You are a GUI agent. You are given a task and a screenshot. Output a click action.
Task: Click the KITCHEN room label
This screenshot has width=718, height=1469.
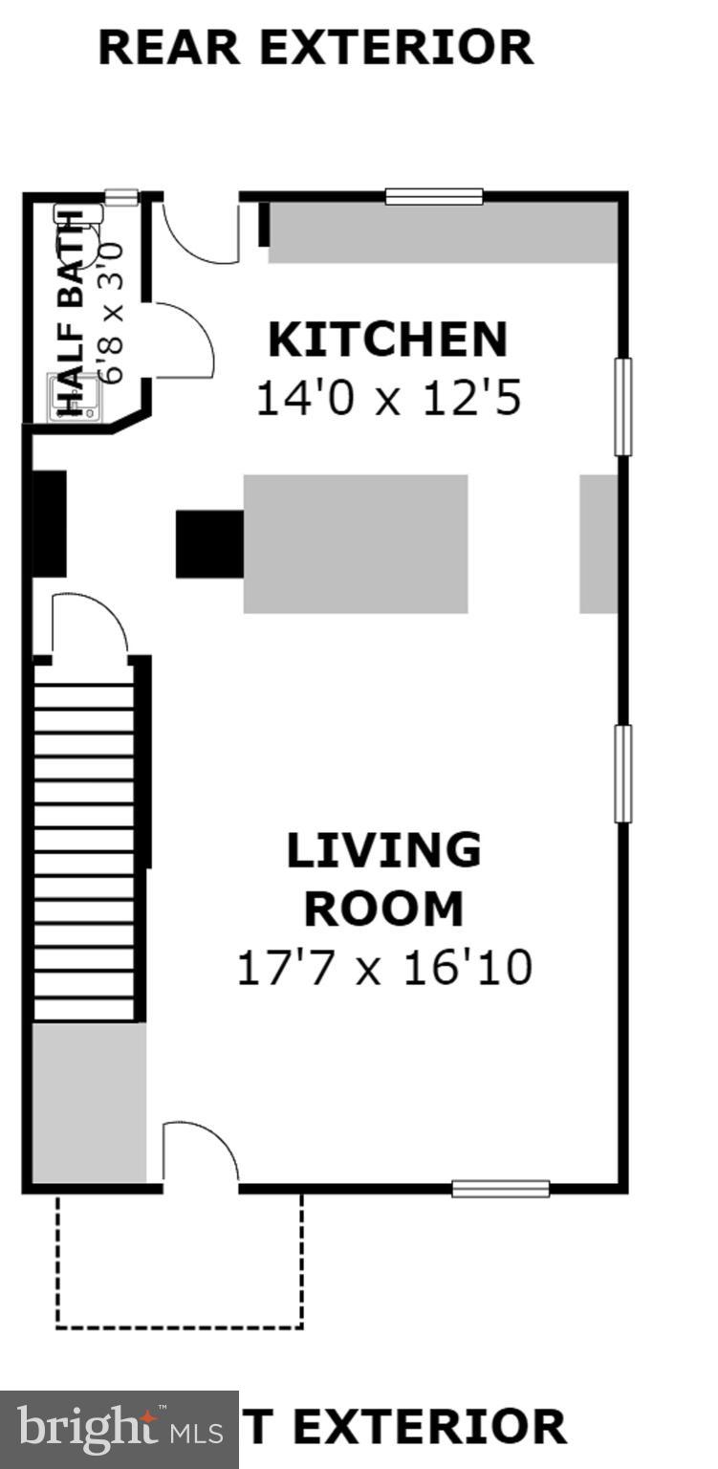click(387, 340)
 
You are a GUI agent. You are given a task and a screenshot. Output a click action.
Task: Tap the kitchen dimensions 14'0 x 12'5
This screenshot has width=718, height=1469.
click(387, 397)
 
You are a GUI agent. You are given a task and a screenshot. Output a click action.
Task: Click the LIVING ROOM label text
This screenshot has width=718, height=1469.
click(383, 880)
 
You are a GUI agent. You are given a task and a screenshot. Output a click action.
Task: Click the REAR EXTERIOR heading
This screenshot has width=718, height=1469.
click(315, 48)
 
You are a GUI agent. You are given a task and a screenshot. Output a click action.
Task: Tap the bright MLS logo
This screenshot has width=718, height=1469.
click(120, 1430)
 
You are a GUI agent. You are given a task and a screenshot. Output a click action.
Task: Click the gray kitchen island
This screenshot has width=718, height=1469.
click(356, 543)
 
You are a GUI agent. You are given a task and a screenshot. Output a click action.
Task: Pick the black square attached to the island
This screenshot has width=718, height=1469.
click(209, 543)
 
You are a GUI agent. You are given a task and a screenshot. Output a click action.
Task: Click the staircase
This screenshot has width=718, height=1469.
click(84, 842)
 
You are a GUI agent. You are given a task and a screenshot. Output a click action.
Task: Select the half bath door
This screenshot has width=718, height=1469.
click(182, 340)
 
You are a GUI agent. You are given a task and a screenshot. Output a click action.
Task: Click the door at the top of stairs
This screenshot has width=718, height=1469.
click(88, 626)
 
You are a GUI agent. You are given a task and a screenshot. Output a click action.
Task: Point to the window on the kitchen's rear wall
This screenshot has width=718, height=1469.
click(434, 197)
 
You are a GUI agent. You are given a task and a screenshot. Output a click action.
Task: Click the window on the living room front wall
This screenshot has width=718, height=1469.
click(500, 1189)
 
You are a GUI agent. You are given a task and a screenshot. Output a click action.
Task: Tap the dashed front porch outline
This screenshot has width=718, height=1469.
click(180, 1326)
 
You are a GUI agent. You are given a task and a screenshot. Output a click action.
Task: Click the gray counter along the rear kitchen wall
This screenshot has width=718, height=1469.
click(442, 232)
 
